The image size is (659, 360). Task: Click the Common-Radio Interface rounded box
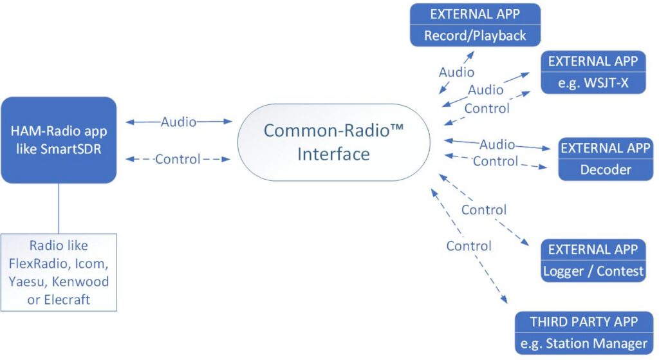pyautogui.click(x=333, y=142)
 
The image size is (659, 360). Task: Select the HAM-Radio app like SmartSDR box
pyautogui.click(x=59, y=140)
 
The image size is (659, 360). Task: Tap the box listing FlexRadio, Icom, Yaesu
pyautogui.click(x=59, y=272)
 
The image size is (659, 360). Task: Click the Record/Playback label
pyautogui.click(x=475, y=35)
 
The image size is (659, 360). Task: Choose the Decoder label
pyautogui.click(x=606, y=169)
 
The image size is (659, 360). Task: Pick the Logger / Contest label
pyautogui.click(x=593, y=270)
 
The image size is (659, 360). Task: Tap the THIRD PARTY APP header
pyautogui.click(x=584, y=321)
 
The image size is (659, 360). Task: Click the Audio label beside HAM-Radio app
pyautogui.click(x=178, y=121)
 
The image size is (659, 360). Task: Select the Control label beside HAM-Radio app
pyautogui.click(x=178, y=158)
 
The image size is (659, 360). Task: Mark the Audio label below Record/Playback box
pyautogui.click(x=456, y=72)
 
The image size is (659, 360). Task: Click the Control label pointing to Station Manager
pyautogui.click(x=469, y=245)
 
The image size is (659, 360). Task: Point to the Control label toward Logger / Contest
pyautogui.click(x=483, y=209)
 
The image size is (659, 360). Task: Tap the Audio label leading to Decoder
pyautogui.click(x=497, y=144)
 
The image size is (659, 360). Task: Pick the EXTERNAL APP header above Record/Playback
pyautogui.click(x=475, y=14)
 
